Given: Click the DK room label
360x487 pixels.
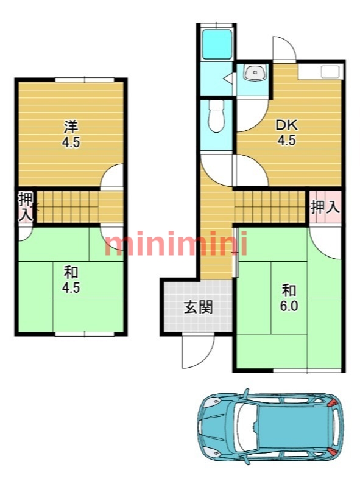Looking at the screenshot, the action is pos(287,125).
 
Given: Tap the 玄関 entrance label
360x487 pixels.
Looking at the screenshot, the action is pos(199,307).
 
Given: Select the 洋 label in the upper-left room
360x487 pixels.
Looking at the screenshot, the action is pos(71,127).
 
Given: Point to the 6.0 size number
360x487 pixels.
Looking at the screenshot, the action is pos(289,306).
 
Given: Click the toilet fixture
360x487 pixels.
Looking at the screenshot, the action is pos(216,116).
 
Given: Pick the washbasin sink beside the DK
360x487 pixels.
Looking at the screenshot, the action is pos(255,73).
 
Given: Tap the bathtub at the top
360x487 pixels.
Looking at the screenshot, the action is pos(216,44).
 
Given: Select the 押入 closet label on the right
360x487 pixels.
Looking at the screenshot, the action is pos(325,207).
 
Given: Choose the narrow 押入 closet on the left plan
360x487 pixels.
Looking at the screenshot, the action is pos(26,207).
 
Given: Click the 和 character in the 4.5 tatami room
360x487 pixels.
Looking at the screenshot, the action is pos(71,273).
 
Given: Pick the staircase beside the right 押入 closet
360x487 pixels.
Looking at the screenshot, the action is pos(270,207).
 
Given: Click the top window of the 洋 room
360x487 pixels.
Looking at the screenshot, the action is pos(85,80).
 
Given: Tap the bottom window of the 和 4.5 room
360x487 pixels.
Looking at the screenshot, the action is pos(85,334).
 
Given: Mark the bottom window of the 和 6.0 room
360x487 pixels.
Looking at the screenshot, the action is pos(307,370).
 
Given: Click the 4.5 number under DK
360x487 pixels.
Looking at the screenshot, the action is pos(287,141).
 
